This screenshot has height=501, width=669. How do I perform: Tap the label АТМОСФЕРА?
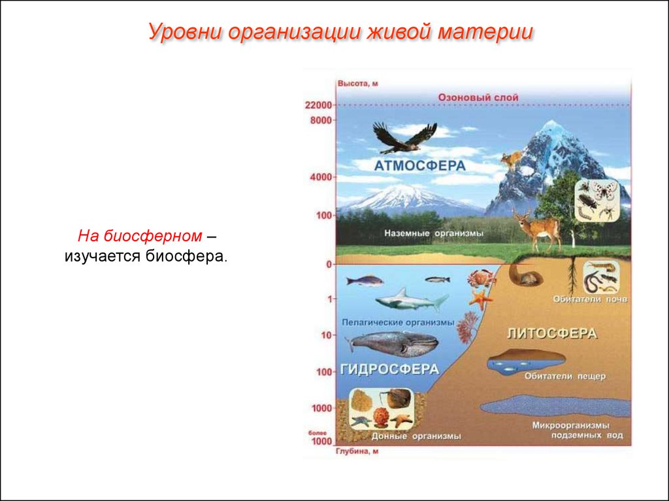[419, 166]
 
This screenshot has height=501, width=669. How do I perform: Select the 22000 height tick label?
[318, 105]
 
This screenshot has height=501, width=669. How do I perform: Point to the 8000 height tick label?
[321, 120]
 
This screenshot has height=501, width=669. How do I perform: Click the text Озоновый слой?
[478, 98]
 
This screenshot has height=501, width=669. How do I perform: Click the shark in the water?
[412, 300]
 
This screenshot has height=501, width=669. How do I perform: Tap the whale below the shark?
[392, 343]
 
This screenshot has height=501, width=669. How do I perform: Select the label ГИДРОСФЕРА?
[389, 369]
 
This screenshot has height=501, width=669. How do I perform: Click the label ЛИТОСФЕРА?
[551, 333]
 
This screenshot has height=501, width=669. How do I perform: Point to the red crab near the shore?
[481, 278]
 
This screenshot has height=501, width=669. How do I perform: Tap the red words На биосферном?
[140, 236]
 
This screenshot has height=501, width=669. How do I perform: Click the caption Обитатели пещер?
[565, 376]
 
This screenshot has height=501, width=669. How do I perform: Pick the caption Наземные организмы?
[434, 234]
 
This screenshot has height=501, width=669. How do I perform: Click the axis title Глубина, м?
[357, 451]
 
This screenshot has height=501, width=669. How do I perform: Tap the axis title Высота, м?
[357, 83]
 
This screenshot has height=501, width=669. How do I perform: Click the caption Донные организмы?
[416, 436]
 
